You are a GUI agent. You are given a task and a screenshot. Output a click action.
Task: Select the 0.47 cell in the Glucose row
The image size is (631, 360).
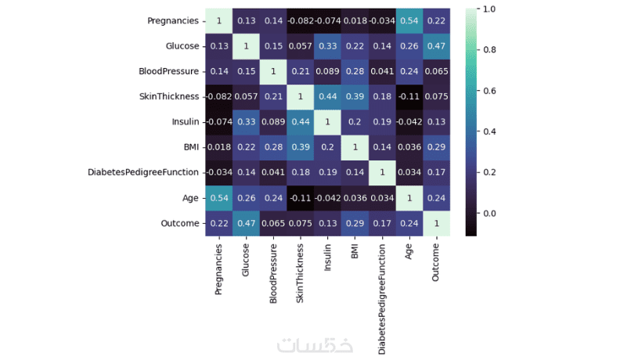[x=437, y=45]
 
